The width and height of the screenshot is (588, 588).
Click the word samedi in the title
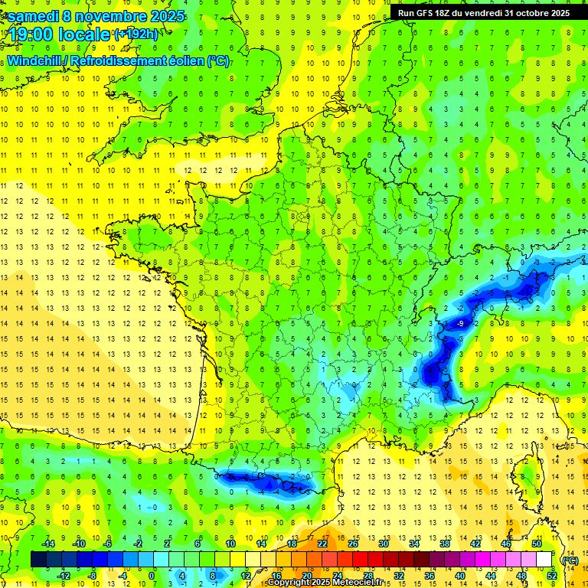pyautogui.click(x=33, y=15)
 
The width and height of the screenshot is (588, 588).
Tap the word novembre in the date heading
pyautogui.click(x=109, y=15)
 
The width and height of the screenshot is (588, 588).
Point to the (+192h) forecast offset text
pyautogui.click(x=136, y=34)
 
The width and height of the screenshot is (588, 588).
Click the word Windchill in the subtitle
pyautogui.click(x=35, y=61)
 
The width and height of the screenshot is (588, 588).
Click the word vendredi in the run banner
pyautogui.click(x=481, y=13)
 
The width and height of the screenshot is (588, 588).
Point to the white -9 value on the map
pyautogui.click(x=459, y=325)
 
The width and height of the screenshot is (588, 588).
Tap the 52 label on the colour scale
pyautogui.click(x=551, y=576)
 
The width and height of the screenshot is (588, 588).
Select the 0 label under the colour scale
pyautogui.click(x=152, y=576)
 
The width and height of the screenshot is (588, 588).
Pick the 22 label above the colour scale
pyautogui.click(x=322, y=544)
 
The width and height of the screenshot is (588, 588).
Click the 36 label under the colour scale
pyautogui.click(x=429, y=576)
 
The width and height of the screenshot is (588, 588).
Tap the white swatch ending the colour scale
pyautogui.click(x=544, y=560)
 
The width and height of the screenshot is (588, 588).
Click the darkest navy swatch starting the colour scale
pyautogui.click(x=38, y=560)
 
